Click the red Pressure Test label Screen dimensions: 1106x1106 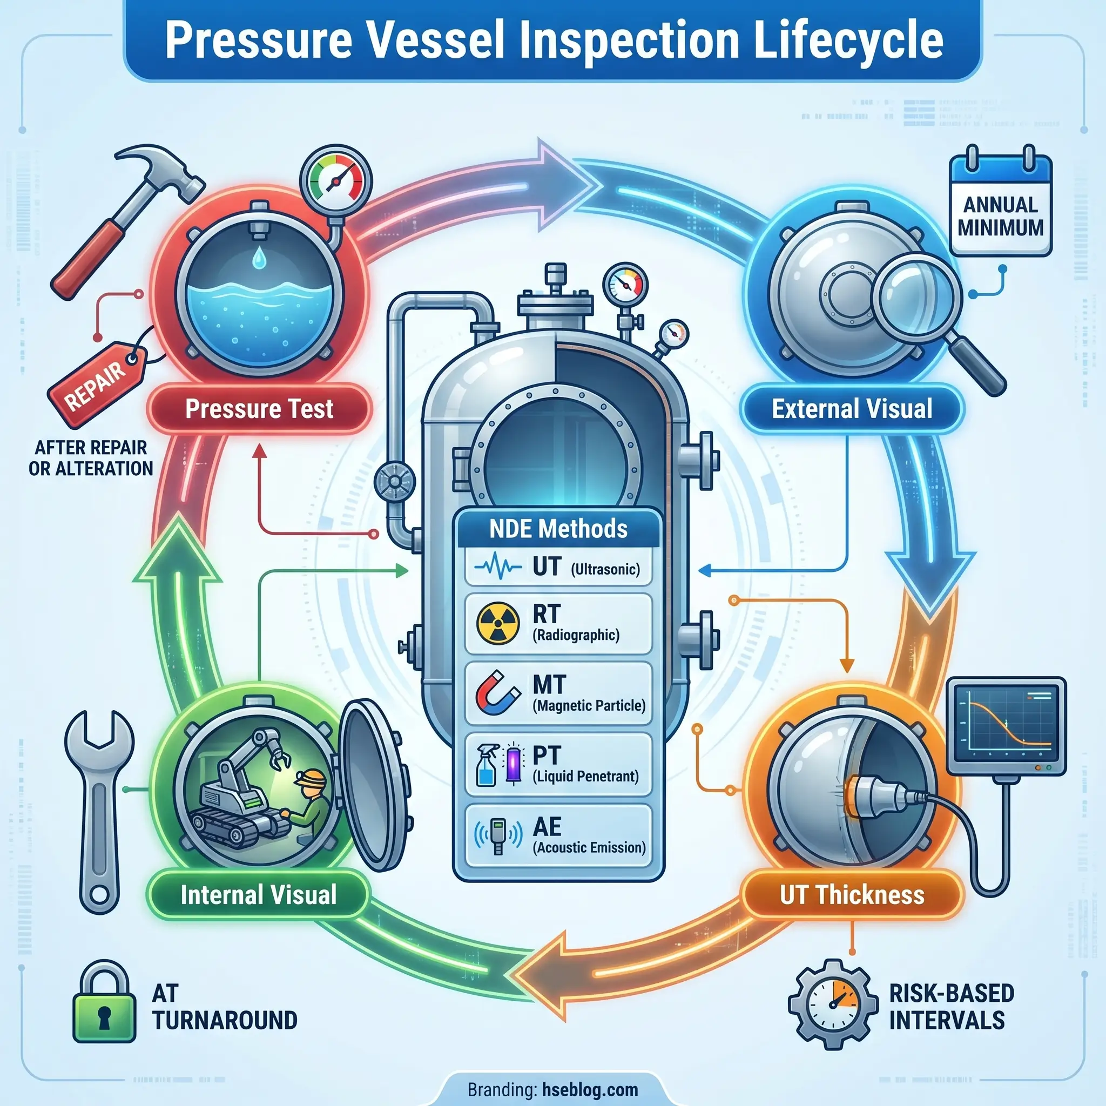259,409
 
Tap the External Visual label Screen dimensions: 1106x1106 852,409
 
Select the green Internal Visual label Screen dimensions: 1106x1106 258,895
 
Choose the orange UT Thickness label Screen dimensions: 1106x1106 852,895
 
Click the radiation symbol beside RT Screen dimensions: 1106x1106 498,624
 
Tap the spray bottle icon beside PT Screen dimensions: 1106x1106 487,765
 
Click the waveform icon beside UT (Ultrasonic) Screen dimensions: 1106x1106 497,568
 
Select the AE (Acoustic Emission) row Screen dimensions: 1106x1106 558,835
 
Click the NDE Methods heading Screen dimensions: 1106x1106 558,528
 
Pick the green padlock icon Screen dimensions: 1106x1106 104,1002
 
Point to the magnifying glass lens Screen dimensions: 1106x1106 914,296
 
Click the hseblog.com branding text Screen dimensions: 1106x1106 590,1089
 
